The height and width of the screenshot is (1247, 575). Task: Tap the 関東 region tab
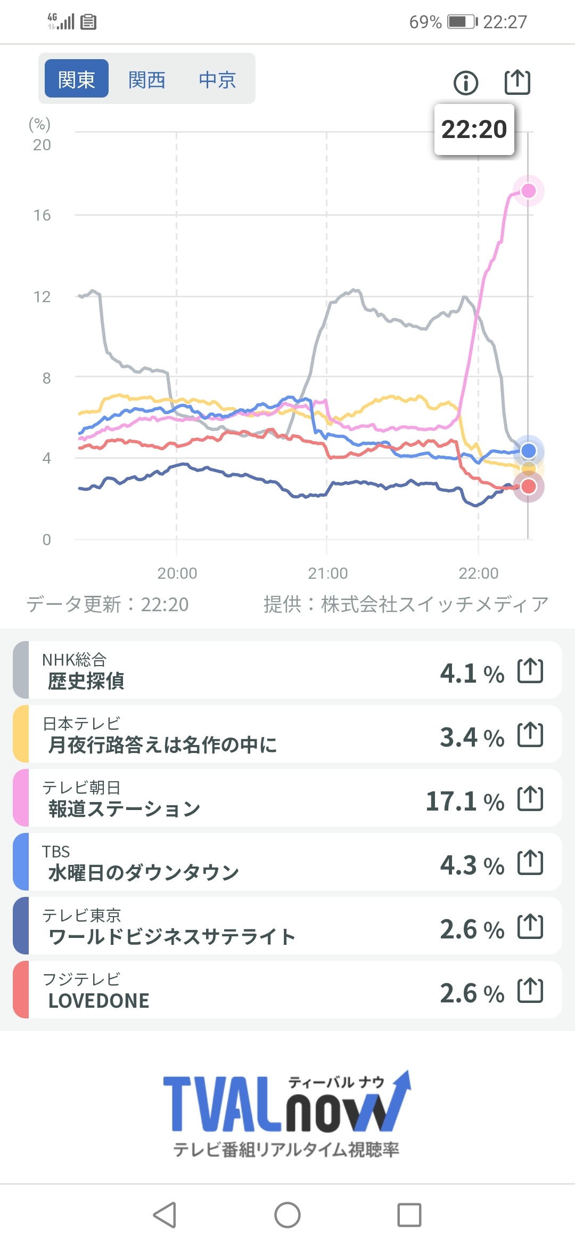[x=77, y=79]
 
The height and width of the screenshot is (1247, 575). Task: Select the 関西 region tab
[x=147, y=80]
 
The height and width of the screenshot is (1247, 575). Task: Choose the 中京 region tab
[x=217, y=80]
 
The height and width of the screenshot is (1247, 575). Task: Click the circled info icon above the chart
[x=466, y=83]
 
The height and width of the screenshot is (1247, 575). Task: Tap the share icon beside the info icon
[x=517, y=82]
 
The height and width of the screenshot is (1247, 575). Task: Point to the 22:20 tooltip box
[x=474, y=129]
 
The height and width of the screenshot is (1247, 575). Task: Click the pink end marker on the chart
[x=528, y=191]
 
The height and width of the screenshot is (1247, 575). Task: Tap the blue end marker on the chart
[x=528, y=451]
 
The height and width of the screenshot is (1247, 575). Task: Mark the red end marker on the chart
[x=528, y=487]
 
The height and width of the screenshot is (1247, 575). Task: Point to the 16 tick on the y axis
[x=42, y=215]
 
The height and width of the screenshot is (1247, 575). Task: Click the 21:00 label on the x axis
[x=327, y=573]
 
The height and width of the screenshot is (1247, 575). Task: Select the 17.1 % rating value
[x=465, y=801]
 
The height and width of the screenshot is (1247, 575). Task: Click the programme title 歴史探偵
[x=86, y=681]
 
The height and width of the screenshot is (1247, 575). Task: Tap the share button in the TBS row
[x=530, y=863]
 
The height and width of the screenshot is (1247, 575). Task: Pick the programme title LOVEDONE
[x=99, y=1001]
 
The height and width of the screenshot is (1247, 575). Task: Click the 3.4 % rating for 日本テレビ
[x=472, y=738]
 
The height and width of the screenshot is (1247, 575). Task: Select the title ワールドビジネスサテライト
[x=171, y=937]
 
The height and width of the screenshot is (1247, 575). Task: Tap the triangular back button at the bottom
[x=165, y=1215]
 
